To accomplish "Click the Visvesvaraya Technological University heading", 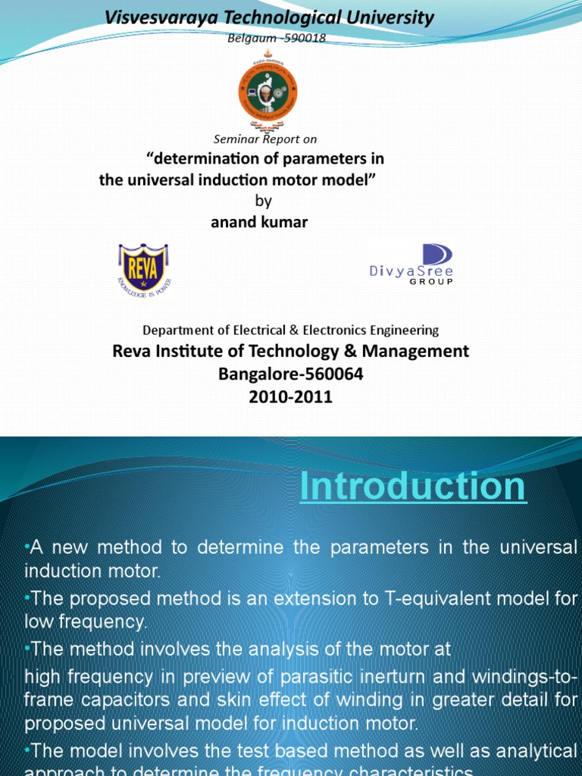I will [x=269, y=18].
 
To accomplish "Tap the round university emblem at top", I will [x=268, y=93].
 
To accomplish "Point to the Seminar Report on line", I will [x=265, y=139].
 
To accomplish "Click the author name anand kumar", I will [x=258, y=222].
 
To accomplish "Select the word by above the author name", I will [x=261, y=202].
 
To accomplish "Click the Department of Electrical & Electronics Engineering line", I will [x=291, y=330].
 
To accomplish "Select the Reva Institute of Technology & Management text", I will [x=291, y=352].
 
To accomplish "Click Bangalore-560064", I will [x=291, y=374].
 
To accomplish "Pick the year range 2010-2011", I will [x=291, y=397].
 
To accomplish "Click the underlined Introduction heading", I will [x=412, y=487].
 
